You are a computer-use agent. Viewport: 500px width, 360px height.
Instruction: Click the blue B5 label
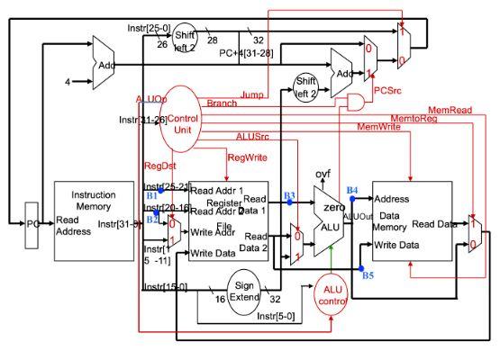[x=368, y=275]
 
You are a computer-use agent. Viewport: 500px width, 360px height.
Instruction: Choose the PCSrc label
[x=387, y=90]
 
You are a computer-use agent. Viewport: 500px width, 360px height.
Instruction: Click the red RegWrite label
[x=248, y=157]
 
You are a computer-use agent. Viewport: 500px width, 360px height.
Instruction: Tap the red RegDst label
[x=159, y=166]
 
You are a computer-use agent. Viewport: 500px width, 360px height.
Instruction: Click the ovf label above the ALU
[x=321, y=172]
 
